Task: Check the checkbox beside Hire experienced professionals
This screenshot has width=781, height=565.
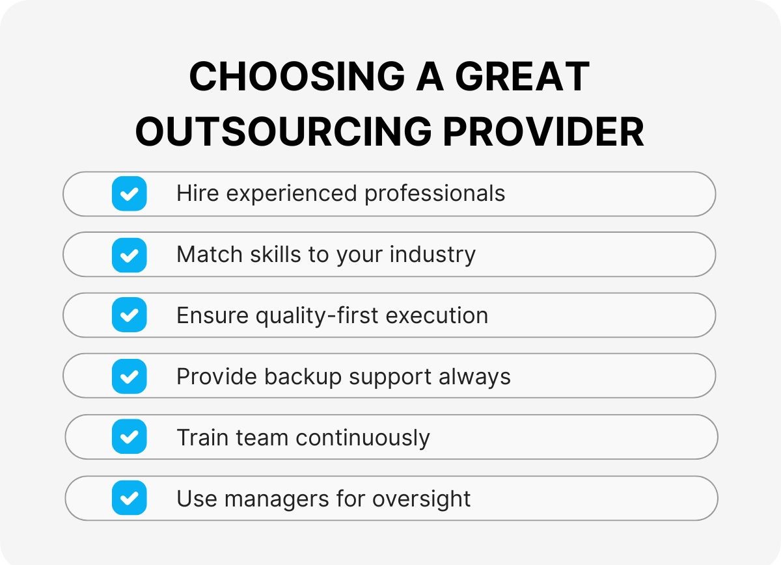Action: coord(129,194)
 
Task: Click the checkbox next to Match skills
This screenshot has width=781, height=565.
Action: coord(129,255)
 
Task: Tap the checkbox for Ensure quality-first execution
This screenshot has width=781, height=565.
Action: coord(129,315)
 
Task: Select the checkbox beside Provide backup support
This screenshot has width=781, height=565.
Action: coord(129,376)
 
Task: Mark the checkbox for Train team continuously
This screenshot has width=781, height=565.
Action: coord(129,437)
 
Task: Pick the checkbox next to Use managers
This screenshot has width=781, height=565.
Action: coord(129,498)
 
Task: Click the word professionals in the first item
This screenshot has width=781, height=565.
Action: coord(435,194)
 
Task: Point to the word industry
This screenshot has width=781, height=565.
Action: coord(433,255)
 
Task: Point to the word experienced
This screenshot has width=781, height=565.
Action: coord(287,194)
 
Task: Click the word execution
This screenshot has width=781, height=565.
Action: coord(437,316)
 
